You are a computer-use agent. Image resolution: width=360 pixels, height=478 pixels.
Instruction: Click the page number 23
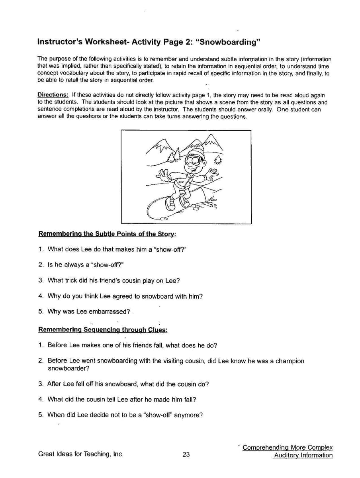point(186,454)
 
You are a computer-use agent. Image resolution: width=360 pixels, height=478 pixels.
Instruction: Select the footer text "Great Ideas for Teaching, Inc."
point(81,454)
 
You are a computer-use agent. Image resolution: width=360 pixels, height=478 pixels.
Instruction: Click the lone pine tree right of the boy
point(219,160)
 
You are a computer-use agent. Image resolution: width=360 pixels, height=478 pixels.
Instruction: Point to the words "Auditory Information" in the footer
point(303,455)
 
